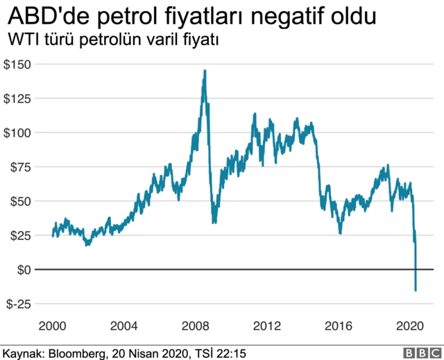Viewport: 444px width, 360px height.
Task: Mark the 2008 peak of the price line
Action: [205, 71]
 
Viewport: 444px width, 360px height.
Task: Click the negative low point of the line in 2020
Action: [416, 290]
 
